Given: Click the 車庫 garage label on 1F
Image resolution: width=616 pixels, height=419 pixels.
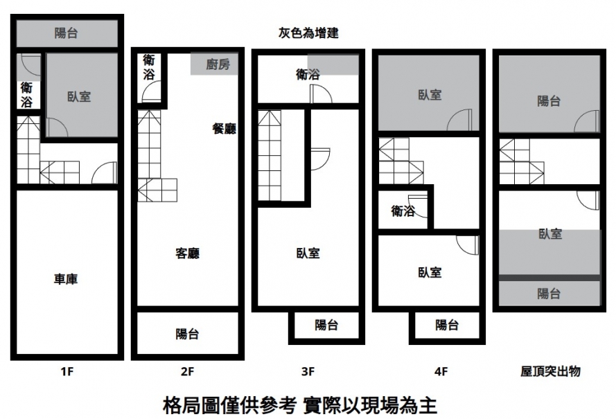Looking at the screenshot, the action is [66, 279].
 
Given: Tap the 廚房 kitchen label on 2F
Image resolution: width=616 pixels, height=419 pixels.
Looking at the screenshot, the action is [218, 64].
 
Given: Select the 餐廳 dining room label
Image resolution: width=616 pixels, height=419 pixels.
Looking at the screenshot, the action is [225, 128].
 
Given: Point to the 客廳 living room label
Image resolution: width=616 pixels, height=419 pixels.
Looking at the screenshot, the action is [187, 253].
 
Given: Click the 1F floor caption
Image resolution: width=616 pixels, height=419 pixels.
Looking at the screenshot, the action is [67, 371].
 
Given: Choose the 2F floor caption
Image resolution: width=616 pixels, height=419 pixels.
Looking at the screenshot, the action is [187, 371].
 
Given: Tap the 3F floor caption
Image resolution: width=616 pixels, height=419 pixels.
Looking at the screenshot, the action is [308, 371].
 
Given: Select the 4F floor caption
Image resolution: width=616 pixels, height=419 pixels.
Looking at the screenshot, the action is [441, 371].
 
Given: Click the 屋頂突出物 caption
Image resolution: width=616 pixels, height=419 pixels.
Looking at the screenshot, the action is [550, 371].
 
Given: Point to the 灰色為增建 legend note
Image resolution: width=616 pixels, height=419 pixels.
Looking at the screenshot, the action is [308, 33].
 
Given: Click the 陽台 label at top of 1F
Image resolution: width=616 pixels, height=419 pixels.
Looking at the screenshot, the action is [66, 33].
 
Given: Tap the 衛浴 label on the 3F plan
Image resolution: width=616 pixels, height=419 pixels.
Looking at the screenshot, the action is [308, 74].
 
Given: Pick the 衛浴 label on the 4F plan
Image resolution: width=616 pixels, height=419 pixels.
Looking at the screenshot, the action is [403, 211].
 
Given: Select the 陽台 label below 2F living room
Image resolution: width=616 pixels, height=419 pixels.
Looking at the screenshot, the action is [187, 334].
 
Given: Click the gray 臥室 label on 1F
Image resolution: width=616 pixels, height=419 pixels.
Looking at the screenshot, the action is [79, 96].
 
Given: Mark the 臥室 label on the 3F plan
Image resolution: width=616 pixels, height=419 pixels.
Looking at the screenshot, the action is [308, 253].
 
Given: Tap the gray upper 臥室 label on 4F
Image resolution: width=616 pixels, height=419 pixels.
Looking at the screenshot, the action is [430, 95].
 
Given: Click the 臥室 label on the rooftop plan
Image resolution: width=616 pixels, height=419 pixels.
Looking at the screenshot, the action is [550, 234].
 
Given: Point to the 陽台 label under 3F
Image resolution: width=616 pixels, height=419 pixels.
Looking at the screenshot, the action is [326, 325].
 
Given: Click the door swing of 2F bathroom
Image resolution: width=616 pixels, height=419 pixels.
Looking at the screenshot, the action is [151, 92].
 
